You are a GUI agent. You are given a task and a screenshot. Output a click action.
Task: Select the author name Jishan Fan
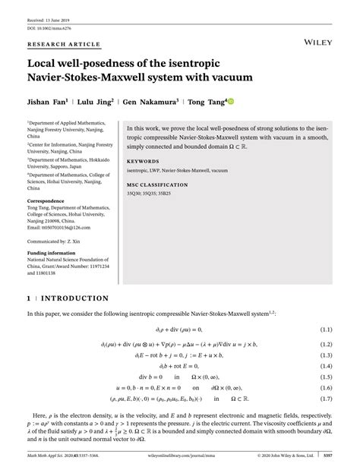point(49,100)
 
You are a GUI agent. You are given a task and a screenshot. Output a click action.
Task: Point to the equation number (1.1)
point(327,330)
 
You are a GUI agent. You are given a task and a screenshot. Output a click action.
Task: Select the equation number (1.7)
point(327,398)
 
